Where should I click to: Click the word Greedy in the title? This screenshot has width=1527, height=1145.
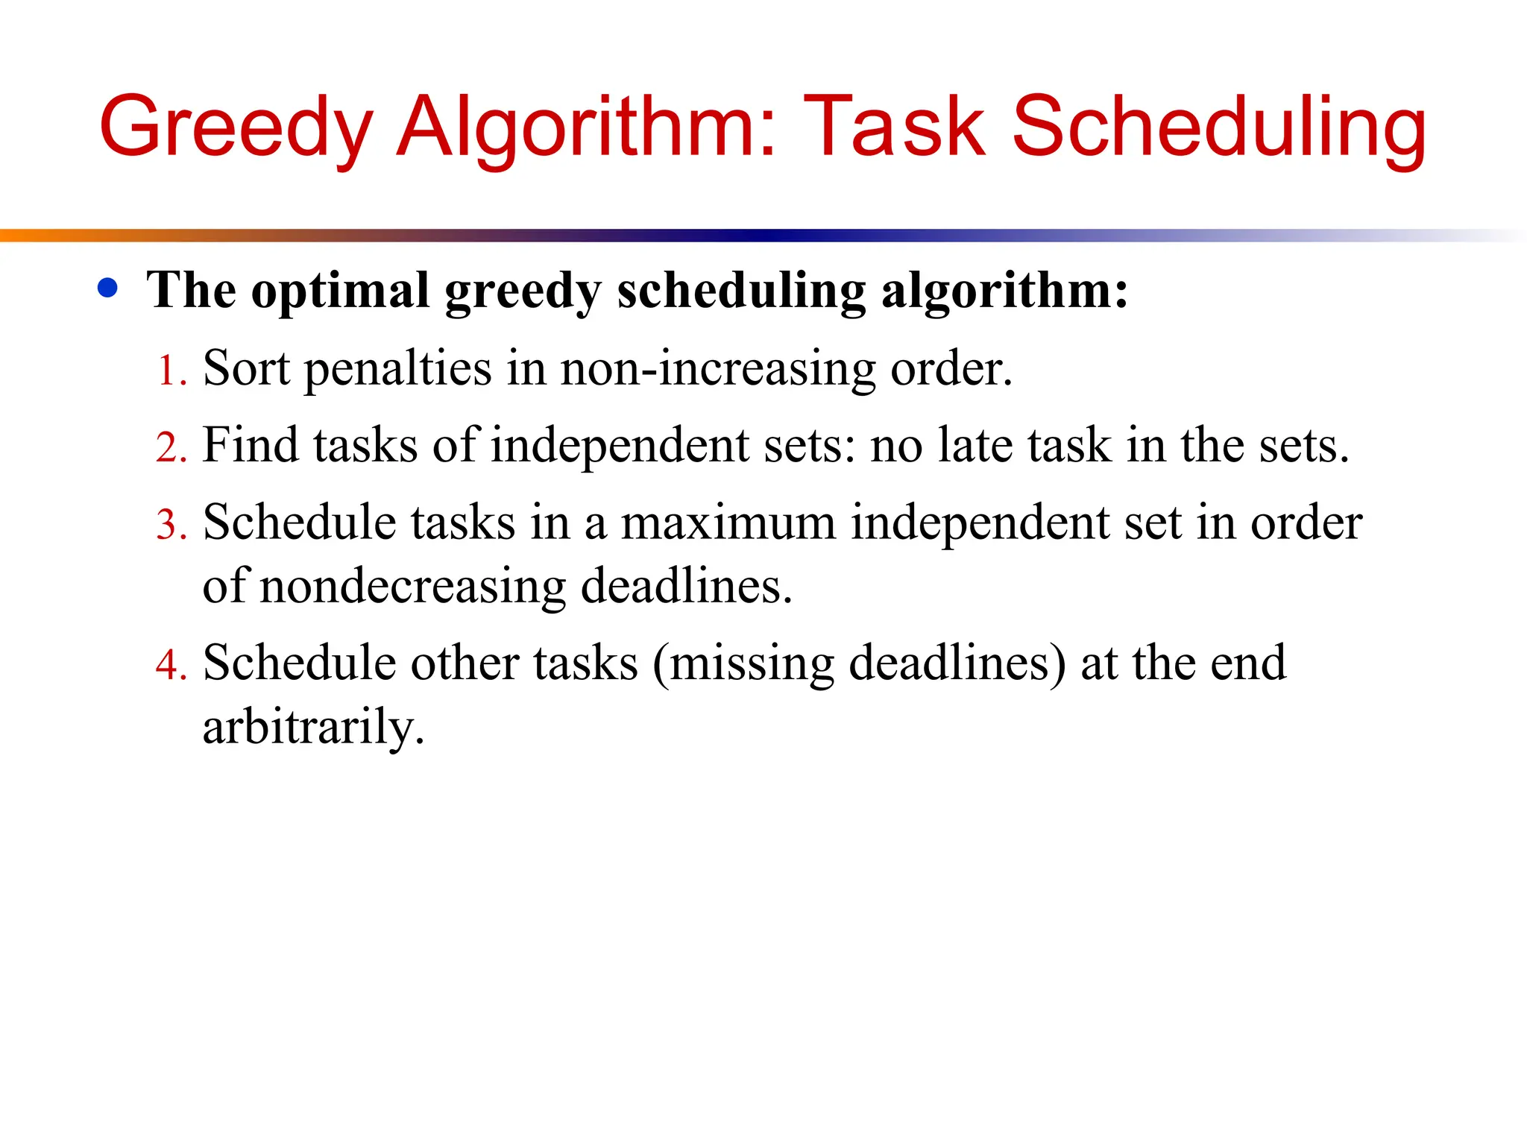click(236, 128)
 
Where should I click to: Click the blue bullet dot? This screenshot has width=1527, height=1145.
click(108, 288)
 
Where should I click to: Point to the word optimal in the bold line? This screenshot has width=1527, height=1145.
click(341, 291)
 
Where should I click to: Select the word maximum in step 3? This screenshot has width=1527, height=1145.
click(728, 523)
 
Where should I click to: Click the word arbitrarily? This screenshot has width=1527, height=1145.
click(313, 727)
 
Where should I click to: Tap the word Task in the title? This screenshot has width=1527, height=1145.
click(895, 128)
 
